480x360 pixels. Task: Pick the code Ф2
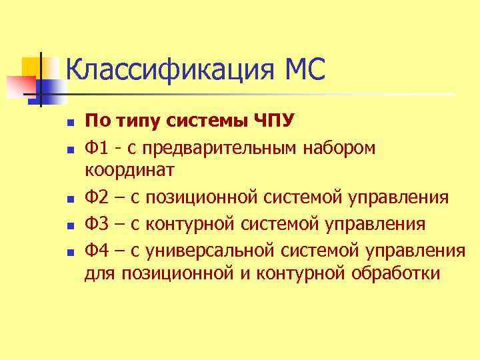pos(97,197)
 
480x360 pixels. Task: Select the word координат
pos(129,171)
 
